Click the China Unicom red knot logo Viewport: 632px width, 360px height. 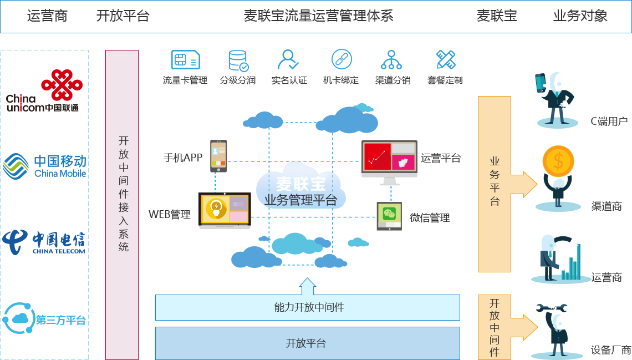click(62, 85)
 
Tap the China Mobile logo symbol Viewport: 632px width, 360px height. click(16, 166)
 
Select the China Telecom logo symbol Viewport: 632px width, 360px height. click(14, 242)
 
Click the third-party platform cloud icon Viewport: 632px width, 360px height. click(18, 318)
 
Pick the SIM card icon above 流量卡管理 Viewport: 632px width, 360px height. click(185, 60)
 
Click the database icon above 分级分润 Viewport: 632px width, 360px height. click(238, 60)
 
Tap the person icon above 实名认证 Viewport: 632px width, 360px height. click(288, 60)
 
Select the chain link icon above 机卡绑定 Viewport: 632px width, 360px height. click(342, 59)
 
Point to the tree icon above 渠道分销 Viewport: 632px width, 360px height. click(391, 60)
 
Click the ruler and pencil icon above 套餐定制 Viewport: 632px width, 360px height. click(445, 60)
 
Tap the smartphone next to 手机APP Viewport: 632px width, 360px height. click(218, 156)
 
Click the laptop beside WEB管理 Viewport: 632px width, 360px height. click(225, 210)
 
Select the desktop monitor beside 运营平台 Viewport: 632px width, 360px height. click(389, 162)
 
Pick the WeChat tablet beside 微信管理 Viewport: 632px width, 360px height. click(389, 216)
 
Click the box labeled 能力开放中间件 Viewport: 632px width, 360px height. click(308, 307)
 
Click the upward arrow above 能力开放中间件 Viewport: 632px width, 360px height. click(308, 286)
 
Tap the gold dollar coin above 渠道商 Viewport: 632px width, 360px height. click(558, 161)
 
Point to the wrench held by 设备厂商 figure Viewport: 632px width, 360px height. click(552, 308)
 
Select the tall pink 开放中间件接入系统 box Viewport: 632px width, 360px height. click(122, 205)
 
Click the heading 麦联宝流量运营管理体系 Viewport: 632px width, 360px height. click(318, 16)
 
